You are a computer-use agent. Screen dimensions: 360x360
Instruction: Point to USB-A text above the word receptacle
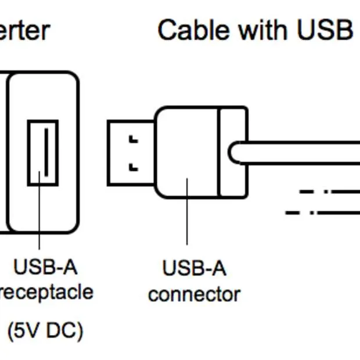point(45,268)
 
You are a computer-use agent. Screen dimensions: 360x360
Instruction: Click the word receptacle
point(46,291)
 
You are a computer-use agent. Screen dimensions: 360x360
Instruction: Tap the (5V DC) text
point(45,331)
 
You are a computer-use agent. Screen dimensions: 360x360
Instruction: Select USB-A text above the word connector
point(194,269)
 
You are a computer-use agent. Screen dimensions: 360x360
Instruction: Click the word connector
point(194,294)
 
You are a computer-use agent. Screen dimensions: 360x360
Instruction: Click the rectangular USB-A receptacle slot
point(43,153)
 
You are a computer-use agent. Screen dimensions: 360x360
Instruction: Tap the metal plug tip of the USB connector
point(129,153)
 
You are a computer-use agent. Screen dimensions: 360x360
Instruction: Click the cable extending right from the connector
point(302,153)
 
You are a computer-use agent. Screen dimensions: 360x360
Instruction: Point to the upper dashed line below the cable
point(329,190)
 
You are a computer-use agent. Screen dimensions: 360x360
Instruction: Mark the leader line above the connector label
point(187,215)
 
